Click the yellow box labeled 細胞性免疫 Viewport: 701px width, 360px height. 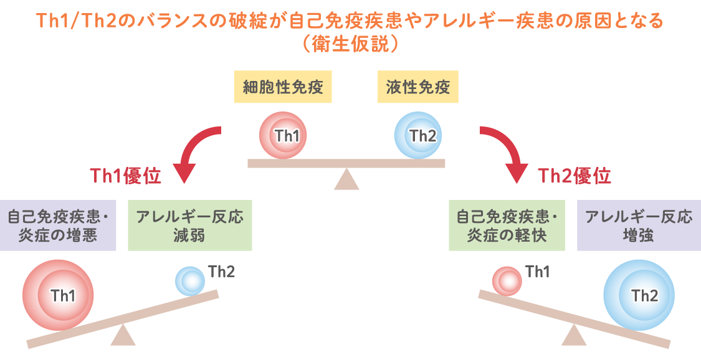point(283,87)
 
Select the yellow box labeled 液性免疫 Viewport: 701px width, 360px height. point(417,87)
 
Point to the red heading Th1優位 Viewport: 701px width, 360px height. point(126,176)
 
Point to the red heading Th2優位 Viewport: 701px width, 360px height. point(574,176)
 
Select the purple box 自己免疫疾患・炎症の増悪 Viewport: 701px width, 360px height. point(58,225)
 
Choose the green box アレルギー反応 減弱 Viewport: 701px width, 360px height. point(190,225)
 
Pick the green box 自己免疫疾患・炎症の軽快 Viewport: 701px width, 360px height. point(507,225)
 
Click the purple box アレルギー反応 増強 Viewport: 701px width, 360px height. point(638,225)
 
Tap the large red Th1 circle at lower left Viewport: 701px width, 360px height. point(58,294)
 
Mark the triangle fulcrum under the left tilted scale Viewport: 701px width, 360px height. point(123,336)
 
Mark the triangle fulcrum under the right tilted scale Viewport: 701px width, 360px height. point(574,336)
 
